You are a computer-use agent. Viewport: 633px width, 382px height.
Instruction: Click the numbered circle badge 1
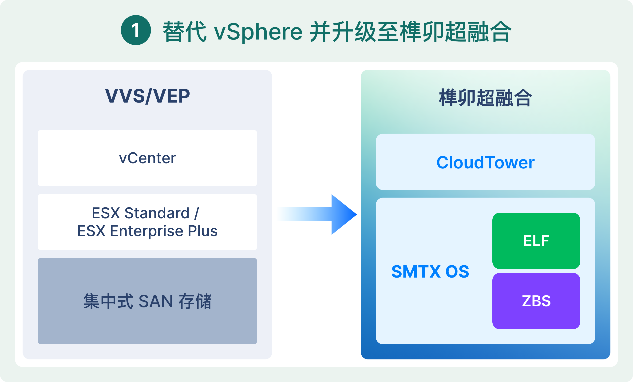pos(136,30)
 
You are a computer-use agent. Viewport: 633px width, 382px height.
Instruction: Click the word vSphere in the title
pos(258,32)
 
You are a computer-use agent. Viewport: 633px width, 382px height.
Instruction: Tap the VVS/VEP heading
pos(147,96)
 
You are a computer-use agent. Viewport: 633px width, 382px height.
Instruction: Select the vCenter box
pos(147,158)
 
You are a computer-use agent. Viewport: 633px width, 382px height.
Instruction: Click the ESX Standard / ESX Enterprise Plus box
pos(147,222)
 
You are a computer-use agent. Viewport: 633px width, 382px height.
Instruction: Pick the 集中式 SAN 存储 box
pos(147,301)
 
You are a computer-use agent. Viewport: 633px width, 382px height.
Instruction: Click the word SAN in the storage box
pos(156,302)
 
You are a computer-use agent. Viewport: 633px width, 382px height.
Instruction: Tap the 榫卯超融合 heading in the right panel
pos(485,98)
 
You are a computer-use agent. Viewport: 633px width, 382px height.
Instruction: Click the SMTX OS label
pos(430,272)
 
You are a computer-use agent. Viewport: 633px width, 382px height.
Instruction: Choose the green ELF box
pos(536,241)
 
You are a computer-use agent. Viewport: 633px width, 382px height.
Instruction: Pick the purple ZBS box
pos(536,301)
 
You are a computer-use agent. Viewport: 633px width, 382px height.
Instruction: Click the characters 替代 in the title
pos(184,32)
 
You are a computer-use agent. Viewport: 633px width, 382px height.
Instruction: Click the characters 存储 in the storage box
pos(195,302)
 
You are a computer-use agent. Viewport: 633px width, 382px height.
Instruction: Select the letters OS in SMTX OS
pos(457,272)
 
